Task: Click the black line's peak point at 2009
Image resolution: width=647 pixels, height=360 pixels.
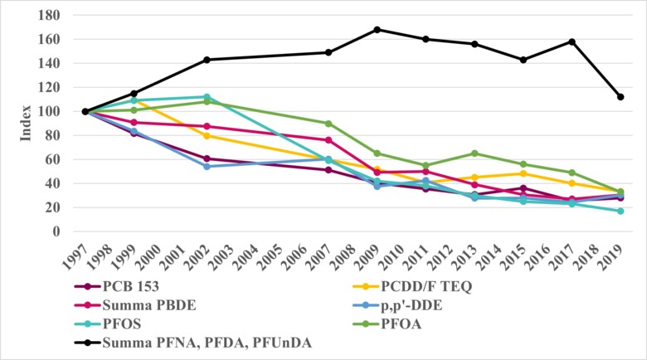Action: pos(377,29)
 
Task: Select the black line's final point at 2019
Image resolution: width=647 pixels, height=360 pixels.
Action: pos(620,97)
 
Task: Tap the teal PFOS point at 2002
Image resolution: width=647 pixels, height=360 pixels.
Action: pos(207,97)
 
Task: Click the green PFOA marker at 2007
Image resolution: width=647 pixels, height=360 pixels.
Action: pos(328,124)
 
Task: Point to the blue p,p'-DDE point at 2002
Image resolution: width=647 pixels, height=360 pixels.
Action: pos(207,167)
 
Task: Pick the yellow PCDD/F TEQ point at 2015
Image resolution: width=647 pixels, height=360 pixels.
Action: pos(523,173)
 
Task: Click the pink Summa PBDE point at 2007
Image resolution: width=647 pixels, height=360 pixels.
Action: pos(328,140)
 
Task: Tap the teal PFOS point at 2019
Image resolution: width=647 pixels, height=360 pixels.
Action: pos(620,211)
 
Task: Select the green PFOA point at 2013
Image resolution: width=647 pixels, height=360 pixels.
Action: pos(474,153)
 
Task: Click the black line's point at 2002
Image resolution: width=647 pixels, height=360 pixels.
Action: pos(207,60)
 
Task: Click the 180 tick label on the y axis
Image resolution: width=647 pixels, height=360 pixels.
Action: pos(48,15)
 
